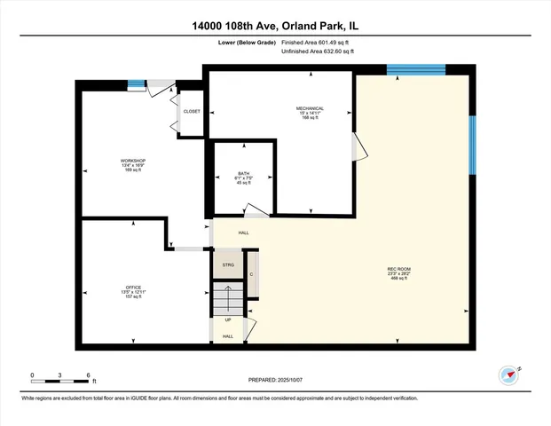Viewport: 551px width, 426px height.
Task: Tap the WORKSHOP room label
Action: [x=133, y=161]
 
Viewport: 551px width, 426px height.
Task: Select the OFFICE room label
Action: [x=133, y=288]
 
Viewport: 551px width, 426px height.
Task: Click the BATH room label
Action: [x=245, y=174]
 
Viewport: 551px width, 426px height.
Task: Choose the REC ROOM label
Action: [x=398, y=269]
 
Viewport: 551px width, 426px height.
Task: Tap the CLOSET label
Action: [x=192, y=112]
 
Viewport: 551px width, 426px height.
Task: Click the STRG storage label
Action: [x=227, y=265]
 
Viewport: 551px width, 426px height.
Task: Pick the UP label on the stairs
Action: [x=228, y=319]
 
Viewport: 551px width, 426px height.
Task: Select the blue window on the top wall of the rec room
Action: [x=415, y=69]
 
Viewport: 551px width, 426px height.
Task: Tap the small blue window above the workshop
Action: [x=136, y=85]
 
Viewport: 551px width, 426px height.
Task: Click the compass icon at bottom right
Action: [x=509, y=375]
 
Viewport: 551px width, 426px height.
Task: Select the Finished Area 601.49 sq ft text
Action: [x=317, y=42]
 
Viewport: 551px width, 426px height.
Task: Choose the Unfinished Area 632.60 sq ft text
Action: [x=318, y=52]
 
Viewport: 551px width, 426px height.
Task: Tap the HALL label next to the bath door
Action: [x=243, y=233]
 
